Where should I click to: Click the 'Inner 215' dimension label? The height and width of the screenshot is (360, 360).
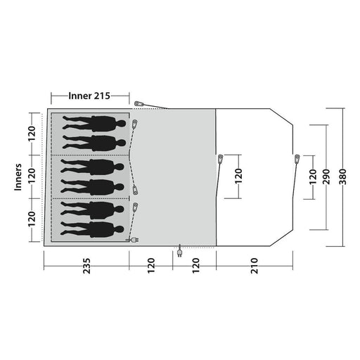[89, 96]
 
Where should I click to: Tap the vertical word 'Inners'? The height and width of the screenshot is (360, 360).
[18, 177]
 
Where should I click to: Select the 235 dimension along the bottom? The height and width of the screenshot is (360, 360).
[86, 266]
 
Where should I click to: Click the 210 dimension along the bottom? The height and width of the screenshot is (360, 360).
[255, 266]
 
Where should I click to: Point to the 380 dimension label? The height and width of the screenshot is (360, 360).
[342, 176]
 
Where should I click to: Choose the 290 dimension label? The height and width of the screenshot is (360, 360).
[326, 176]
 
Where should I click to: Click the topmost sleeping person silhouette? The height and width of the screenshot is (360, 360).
[94, 123]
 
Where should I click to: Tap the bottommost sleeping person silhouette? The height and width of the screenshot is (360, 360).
[92, 229]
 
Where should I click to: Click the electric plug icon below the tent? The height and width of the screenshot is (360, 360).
[180, 251]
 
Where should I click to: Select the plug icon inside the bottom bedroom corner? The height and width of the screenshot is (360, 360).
[133, 240]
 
